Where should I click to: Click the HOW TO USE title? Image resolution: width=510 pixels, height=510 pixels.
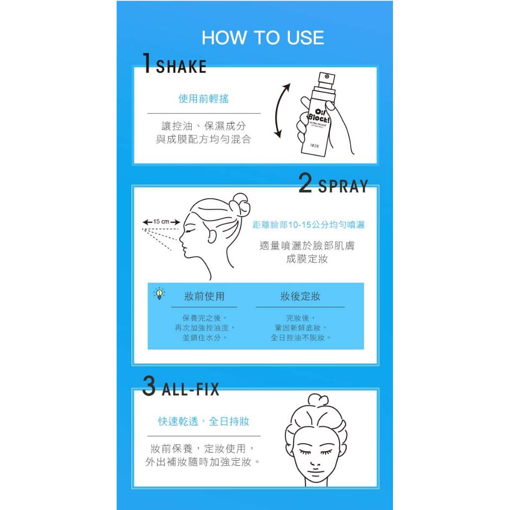pyautogui.click(x=263, y=37)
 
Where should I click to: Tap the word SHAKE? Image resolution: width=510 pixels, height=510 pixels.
pyautogui.click(x=181, y=67)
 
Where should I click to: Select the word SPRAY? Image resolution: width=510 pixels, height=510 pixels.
pyautogui.click(x=343, y=186)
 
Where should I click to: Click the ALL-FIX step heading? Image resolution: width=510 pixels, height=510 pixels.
pyautogui.click(x=190, y=389)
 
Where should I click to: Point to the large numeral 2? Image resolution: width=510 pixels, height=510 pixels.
pyautogui.click(x=305, y=183)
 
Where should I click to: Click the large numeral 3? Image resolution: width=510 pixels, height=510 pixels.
pyautogui.click(x=149, y=386)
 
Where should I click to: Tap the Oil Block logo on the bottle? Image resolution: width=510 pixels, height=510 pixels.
pyautogui.click(x=319, y=116)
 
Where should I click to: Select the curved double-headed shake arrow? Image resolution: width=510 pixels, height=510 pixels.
pyautogui.click(x=277, y=111)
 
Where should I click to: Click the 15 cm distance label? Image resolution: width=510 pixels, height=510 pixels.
pyautogui.click(x=161, y=222)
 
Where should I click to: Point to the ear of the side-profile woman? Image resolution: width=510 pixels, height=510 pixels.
pyautogui.click(x=213, y=234)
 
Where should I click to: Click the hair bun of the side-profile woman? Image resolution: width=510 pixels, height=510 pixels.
pyautogui.click(x=240, y=205)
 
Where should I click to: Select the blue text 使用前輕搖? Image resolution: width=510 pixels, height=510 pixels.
pyautogui.click(x=204, y=99)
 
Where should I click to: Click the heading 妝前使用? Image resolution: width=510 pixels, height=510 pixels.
pyautogui.click(x=204, y=296)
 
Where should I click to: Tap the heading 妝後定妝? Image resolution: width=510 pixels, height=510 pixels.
pyautogui.click(x=300, y=296)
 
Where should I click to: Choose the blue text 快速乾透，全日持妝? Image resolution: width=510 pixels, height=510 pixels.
pyautogui.click(x=204, y=421)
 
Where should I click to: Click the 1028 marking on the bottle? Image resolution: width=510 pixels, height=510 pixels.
pyautogui.click(x=315, y=146)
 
